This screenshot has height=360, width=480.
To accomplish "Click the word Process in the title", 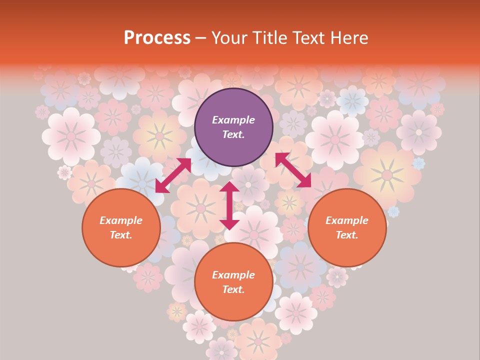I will pos(157,38).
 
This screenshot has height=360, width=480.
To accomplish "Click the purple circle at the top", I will pos(233,127).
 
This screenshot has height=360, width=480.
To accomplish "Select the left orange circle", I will pos(121,227).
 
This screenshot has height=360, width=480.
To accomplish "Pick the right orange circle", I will pos(347,227).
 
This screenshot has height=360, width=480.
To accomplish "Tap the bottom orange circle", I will pos(233,281).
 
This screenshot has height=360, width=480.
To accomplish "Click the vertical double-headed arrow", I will pos(229,205).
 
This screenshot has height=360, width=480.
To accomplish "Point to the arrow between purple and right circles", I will pos(293,170).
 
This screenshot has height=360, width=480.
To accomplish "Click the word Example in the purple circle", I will pos(233,120).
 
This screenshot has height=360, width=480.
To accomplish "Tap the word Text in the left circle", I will pos(121,235).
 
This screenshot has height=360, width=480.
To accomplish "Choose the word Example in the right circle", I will pos(347,220).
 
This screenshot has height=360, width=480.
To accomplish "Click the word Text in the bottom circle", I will pos(233,289).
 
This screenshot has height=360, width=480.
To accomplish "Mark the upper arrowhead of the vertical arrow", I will pos(229,187).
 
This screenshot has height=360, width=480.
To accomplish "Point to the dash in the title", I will pos(201,38).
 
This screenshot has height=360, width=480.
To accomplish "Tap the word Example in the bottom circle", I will pos(233,274).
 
